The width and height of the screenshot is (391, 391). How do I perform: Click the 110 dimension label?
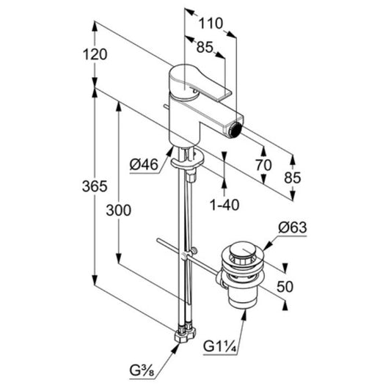[211, 23]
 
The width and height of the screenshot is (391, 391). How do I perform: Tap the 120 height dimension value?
[95, 54]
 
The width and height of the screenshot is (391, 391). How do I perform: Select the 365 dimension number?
[95, 186]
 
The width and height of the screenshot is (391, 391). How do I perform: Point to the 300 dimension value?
[118, 210]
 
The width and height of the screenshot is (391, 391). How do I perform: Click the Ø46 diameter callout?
[144, 164]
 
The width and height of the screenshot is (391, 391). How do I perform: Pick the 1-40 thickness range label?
[224, 205]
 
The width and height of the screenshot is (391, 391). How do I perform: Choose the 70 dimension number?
[263, 165]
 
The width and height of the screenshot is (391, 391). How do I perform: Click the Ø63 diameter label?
[293, 227]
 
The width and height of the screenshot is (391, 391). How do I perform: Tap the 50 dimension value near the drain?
[285, 287]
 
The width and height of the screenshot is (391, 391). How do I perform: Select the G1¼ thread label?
[219, 346]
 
